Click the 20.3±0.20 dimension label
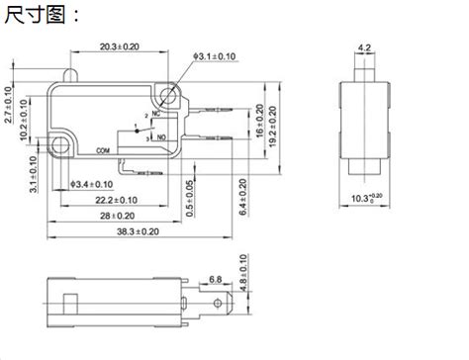tap(120, 46)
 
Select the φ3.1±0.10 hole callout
tap(215, 56)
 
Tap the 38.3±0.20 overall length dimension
tap(138, 231)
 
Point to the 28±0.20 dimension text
tap(117, 216)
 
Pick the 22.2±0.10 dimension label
tap(117, 200)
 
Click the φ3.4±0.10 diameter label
tap(92, 184)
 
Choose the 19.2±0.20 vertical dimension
tap(273, 127)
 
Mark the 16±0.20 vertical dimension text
tap(260, 121)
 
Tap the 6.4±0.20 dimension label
tap(243, 197)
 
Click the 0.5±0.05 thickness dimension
tap(190, 199)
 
